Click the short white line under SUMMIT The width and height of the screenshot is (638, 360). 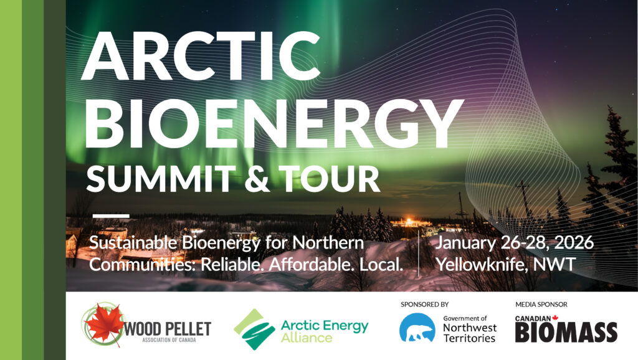click(110, 216)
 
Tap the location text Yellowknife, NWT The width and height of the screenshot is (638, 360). click(505, 264)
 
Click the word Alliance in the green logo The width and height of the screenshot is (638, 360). click(298, 338)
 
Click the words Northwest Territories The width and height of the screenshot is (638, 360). click(469, 333)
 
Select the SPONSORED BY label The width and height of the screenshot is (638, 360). click(424, 305)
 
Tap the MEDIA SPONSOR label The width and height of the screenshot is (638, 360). click(541, 305)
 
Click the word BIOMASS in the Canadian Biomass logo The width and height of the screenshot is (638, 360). click(566, 333)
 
